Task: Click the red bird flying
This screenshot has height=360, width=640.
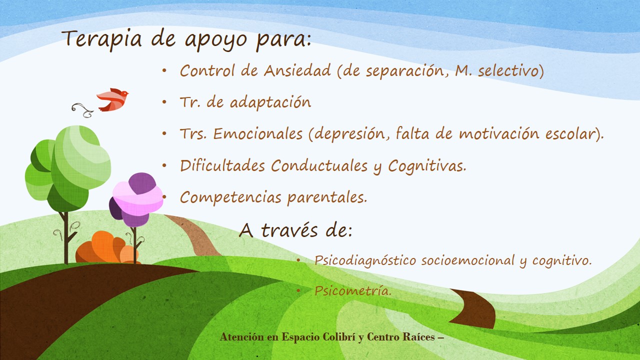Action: click(112, 99)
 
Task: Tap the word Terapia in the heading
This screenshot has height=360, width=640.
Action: click(101, 39)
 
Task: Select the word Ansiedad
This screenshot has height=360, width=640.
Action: click(297, 70)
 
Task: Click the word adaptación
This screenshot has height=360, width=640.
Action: click(270, 102)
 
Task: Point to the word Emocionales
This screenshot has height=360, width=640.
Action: click(257, 133)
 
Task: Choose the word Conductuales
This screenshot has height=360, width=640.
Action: click(319, 165)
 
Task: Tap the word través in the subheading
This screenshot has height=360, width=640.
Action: click(289, 230)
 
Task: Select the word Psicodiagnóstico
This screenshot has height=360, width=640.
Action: click(365, 260)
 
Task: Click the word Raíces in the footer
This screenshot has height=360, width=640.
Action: click(419, 336)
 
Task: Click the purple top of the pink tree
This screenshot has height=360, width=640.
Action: click(142, 183)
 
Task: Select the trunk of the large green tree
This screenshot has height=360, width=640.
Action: click(65, 237)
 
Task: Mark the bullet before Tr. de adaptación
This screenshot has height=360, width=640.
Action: click(164, 102)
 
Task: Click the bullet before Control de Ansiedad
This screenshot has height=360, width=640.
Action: click(164, 70)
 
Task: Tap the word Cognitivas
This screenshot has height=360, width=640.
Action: click(427, 166)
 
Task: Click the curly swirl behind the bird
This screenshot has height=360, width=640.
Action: click(82, 110)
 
